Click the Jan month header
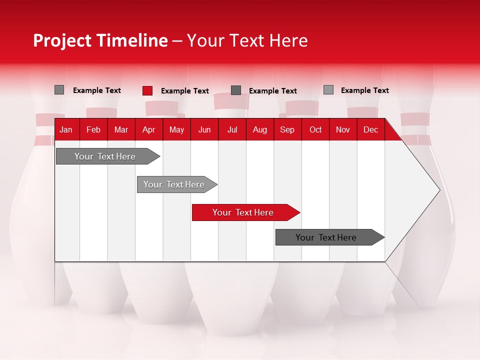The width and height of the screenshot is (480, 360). (66, 130)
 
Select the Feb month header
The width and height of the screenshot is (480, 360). (93, 130)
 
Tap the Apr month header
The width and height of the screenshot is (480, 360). (148, 130)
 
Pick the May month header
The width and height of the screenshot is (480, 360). (176, 130)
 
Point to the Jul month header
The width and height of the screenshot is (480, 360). (232, 130)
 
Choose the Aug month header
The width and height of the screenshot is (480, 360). (259, 130)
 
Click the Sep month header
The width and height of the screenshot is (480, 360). (287, 130)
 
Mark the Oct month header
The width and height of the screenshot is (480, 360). (315, 130)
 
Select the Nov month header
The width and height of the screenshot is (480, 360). (342, 130)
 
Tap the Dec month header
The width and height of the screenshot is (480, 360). (370, 130)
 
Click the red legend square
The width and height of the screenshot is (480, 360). (147, 90)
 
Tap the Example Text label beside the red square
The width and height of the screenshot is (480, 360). (184, 91)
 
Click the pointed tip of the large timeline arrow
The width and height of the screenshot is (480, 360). (438, 190)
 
